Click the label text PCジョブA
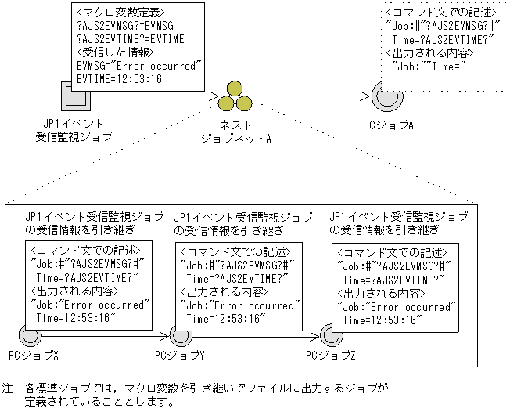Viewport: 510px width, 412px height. pos(388,125)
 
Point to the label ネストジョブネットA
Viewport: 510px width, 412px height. pos(235,131)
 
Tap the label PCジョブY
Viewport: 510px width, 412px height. pos(180,356)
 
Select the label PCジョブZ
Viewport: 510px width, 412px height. pos(330,356)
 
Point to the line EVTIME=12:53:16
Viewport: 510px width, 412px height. pos(118,78)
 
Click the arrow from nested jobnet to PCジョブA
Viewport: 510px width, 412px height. pos(313,97)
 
